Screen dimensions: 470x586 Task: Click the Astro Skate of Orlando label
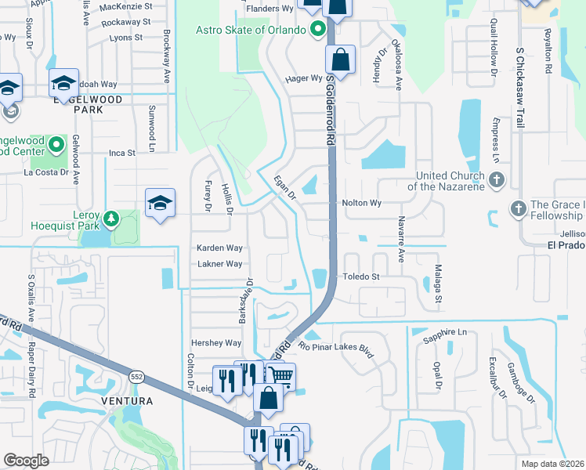click(x=251, y=31)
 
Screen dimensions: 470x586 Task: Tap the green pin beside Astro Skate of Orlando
click(x=317, y=31)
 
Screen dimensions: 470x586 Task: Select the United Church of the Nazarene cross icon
click(x=495, y=181)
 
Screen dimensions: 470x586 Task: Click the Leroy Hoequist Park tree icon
click(x=111, y=217)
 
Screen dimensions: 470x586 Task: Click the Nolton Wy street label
click(x=361, y=203)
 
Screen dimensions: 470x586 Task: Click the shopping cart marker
click(x=280, y=377)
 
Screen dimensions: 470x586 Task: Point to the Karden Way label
click(x=219, y=248)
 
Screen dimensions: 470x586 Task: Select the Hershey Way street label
click(x=216, y=343)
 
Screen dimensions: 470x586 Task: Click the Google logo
click(x=26, y=461)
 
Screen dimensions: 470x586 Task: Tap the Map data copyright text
click(x=552, y=464)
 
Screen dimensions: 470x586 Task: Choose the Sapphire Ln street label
click(x=445, y=332)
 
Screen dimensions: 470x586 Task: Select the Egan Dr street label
click(x=284, y=187)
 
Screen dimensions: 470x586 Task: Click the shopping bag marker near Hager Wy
click(x=341, y=60)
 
